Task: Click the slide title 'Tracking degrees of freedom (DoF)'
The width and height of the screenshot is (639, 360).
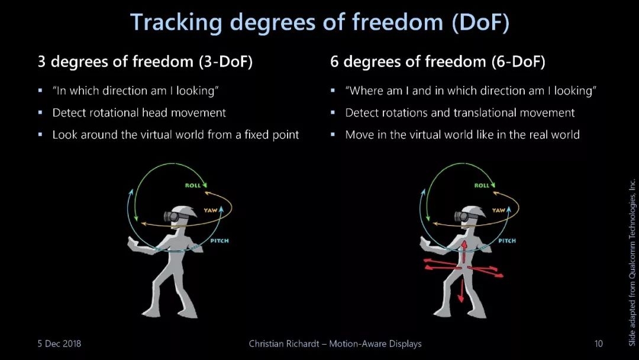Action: [x=319, y=22]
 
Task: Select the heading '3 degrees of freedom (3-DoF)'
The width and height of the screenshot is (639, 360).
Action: [x=145, y=62]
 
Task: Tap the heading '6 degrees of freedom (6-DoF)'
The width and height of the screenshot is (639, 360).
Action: [x=437, y=62]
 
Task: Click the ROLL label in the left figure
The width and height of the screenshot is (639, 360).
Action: [x=193, y=185]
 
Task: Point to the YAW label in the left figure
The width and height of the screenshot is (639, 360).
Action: [x=211, y=210]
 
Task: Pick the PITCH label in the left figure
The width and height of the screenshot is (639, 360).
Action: [x=220, y=241]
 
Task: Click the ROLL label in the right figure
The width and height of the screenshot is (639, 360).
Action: [x=481, y=185]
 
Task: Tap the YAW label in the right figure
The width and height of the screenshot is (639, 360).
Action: [x=498, y=210]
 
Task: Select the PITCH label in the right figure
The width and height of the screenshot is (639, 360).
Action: [x=507, y=241]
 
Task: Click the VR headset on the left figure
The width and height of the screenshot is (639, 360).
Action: [x=173, y=216]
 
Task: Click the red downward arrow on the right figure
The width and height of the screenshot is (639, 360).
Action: [x=461, y=291]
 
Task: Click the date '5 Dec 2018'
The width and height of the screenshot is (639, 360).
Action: [x=59, y=343]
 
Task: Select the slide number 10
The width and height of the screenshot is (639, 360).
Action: [x=598, y=343]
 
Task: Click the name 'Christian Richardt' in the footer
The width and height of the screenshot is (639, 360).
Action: [x=284, y=343]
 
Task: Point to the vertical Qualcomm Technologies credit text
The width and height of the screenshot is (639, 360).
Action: [x=632, y=262]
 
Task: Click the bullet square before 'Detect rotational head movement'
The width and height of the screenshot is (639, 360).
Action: [x=40, y=112]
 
